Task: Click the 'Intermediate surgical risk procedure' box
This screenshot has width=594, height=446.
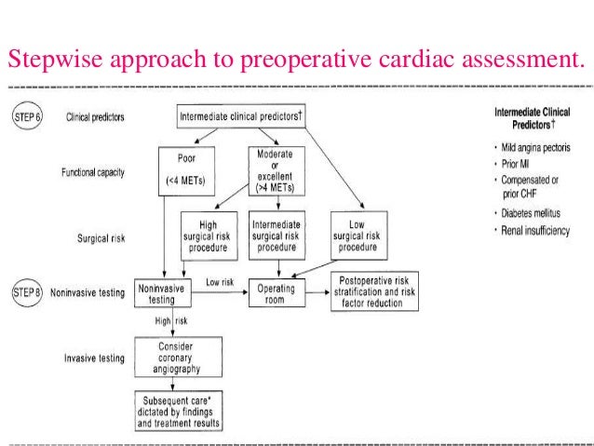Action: click(x=283, y=234)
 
